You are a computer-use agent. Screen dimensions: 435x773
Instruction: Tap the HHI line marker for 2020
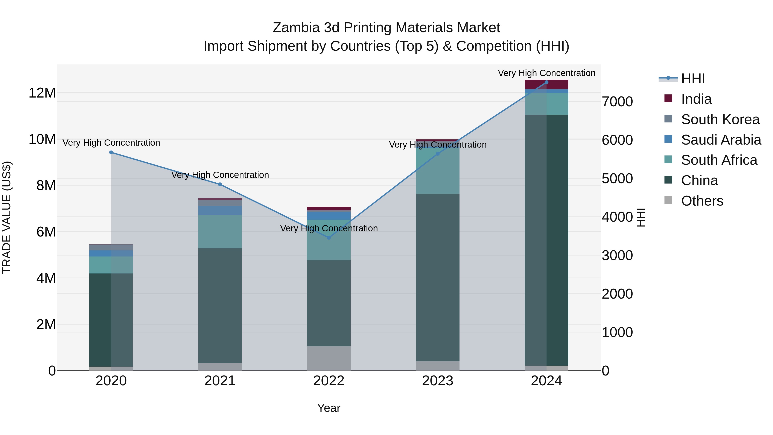pyautogui.click(x=111, y=153)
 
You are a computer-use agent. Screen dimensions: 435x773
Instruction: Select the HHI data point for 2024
pyautogui.click(x=546, y=82)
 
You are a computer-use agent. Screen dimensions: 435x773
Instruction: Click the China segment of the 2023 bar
pyautogui.click(x=438, y=278)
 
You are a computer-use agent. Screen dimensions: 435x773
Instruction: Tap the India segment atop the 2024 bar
pyautogui.click(x=546, y=85)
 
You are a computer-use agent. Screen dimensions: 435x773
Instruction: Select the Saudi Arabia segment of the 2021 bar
pyautogui.click(x=220, y=210)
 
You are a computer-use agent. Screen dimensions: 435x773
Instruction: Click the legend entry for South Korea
pyautogui.click(x=720, y=119)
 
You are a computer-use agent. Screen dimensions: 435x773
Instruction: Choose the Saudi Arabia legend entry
pyautogui.click(x=721, y=140)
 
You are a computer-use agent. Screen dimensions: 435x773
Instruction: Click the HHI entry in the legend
pyautogui.click(x=693, y=79)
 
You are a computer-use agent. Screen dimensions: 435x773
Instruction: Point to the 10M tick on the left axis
pyautogui.click(x=42, y=139)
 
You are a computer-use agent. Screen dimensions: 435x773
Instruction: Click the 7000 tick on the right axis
pyautogui.click(x=617, y=102)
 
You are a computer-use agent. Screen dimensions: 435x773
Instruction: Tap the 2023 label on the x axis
pyautogui.click(x=438, y=381)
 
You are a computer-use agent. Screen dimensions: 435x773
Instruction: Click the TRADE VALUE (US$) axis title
pyautogui.click(x=7, y=217)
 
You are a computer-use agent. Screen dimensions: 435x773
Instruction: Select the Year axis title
pyautogui.click(x=329, y=408)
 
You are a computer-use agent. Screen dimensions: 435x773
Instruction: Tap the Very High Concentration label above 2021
pyautogui.click(x=220, y=175)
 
